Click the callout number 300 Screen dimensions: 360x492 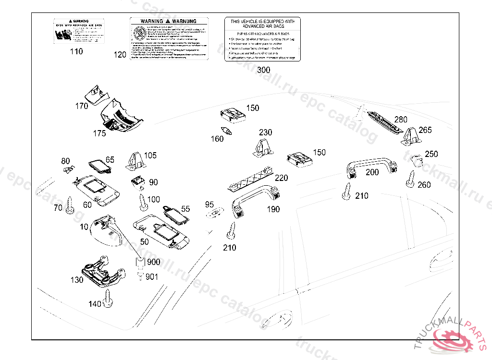click(x=263, y=70)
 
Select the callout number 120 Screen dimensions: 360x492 click(x=120, y=55)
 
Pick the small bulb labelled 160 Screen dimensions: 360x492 click(x=227, y=130)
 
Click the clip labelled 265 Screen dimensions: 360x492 click(x=411, y=135)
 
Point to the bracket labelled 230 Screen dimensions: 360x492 click(x=262, y=147)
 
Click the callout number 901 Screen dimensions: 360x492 click(x=152, y=277)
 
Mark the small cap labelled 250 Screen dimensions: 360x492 click(x=417, y=158)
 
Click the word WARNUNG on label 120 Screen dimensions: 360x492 click(x=184, y=22)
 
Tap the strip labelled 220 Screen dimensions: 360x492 click(x=249, y=180)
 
